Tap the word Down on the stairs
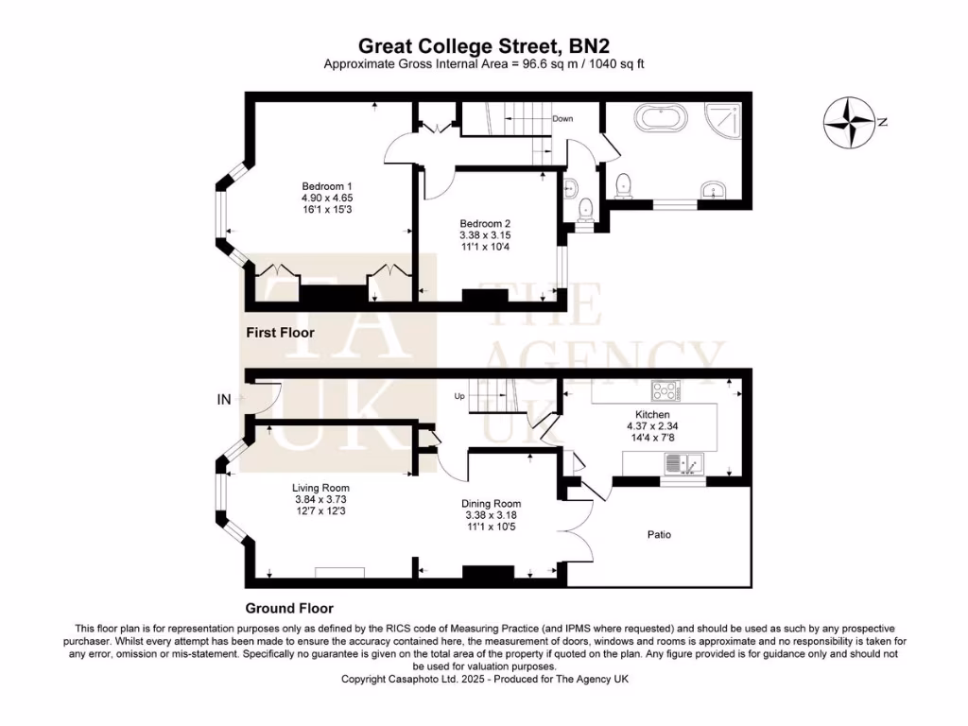(562, 119)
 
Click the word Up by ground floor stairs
(460, 395)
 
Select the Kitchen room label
(652, 415)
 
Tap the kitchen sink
(683, 463)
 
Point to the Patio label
(659, 535)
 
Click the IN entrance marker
(224, 401)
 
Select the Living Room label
(320, 488)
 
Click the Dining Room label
(491, 504)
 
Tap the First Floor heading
(280, 333)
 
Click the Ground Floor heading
(289, 609)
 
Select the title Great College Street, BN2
(484, 45)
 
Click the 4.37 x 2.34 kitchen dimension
(652, 426)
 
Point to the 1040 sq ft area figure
(617, 63)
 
